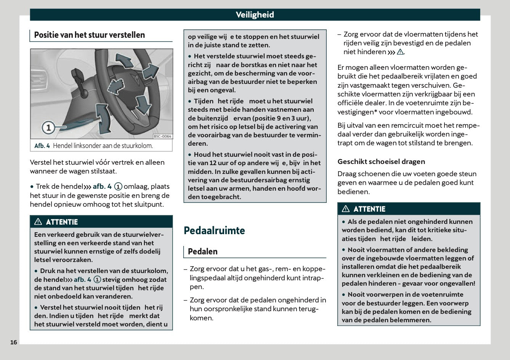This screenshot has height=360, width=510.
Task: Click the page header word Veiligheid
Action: pyautogui.click(x=255, y=15)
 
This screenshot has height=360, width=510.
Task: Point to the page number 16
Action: pyautogui.click(x=14, y=342)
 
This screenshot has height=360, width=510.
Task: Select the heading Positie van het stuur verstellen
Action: pyautogui.click(x=90, y=35)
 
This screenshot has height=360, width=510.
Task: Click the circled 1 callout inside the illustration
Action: pyautogui.click(x=48, y=127)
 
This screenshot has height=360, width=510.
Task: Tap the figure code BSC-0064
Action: pyautogui.click(x=162, y=136)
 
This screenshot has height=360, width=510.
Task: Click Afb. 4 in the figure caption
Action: pyautogui.click(x=42, y=146)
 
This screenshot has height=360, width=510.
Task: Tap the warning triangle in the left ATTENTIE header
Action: pyautogui.click(x=38, y=222)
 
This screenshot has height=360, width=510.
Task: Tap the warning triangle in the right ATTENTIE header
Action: pyautogui.click(x=346, y=209)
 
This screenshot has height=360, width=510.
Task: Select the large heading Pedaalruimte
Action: pyautogui.click(x=214, y=230)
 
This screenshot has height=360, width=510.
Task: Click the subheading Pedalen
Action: pyautogui.click(x=203, y=252)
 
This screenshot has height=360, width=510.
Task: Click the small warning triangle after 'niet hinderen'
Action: pyautogui.click(x=400, y=52)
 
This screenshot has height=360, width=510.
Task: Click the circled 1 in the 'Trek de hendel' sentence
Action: pyautogui.click(x=119, y=186)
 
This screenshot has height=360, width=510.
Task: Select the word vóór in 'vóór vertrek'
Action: pyautogui.click(x=103, y=162)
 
